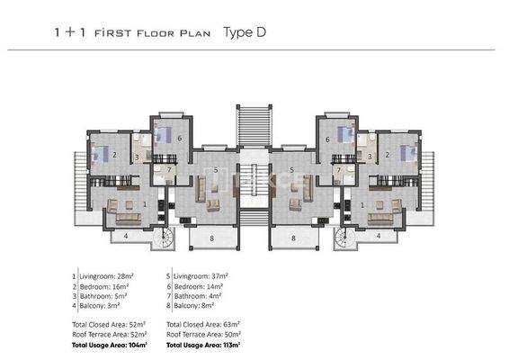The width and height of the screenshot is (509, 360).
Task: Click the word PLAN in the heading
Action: [197, 33]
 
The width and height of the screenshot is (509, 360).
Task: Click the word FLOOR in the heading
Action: [155, 33]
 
